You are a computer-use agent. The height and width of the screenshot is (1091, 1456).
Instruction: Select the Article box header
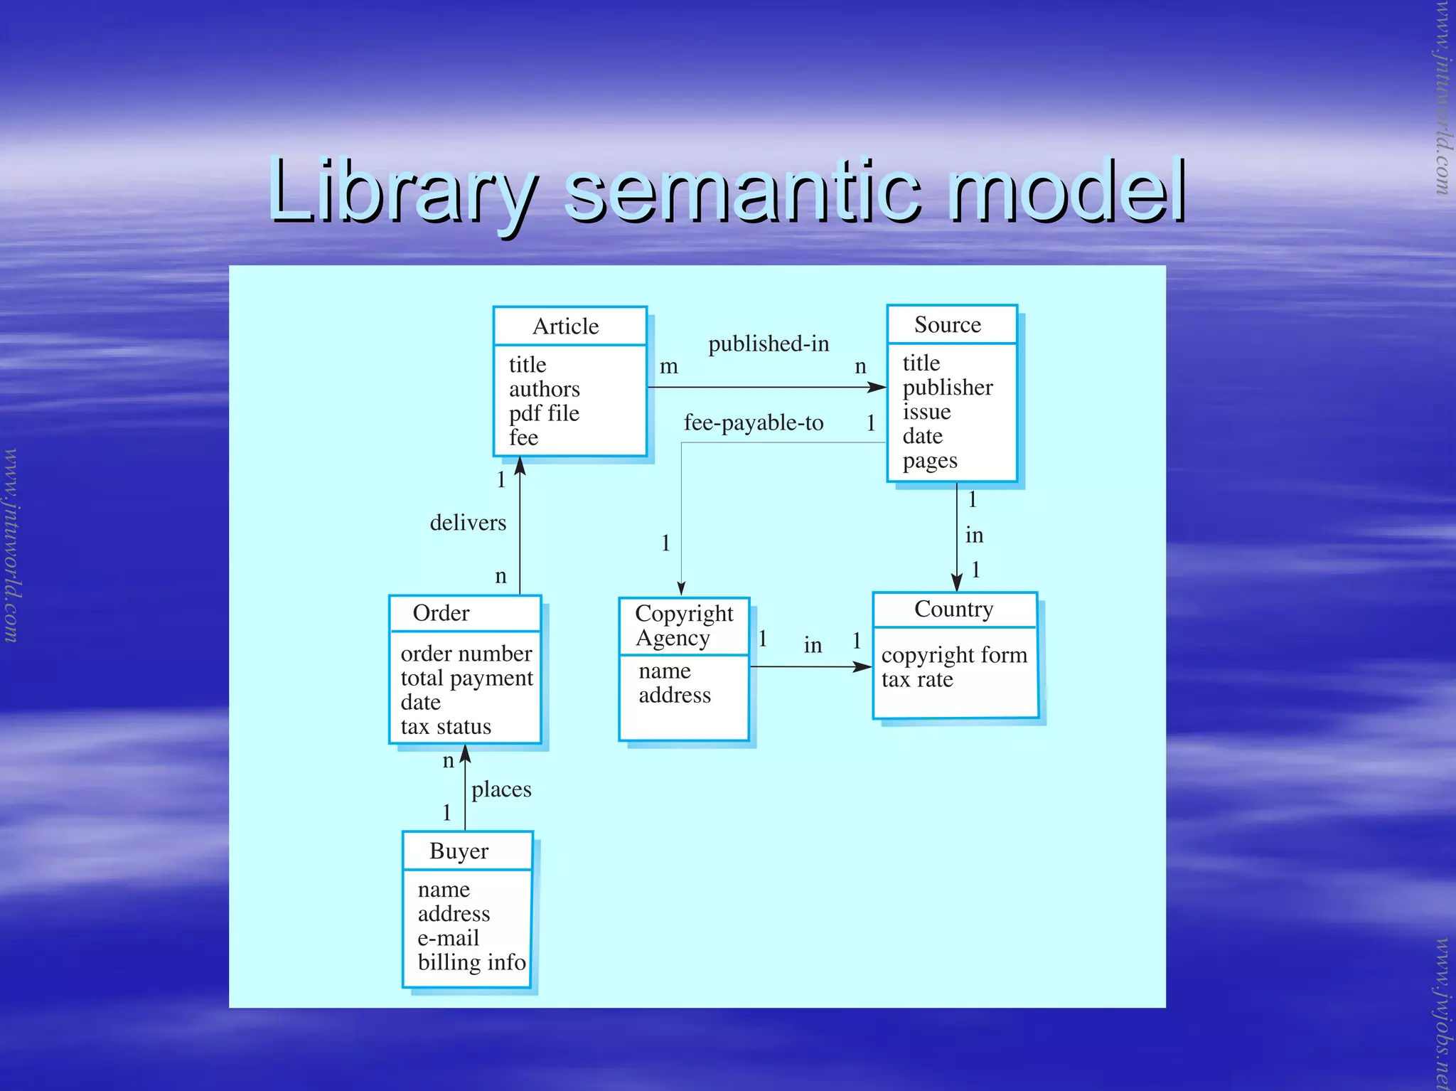(x=567, y=326)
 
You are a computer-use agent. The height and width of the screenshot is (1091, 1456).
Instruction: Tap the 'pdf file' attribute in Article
(x=544, y=413)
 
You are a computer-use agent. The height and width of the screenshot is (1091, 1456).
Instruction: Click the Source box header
(x=948, y=325)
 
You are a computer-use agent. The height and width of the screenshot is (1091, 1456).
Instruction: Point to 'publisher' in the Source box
(x=948, y=388)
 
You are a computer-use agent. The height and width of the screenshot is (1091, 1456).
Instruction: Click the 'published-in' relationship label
(x=769, y=344)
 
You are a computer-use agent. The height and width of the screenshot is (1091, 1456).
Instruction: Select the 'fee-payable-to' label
(x=754, y=423)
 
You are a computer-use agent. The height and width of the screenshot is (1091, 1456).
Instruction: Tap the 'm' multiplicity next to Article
(x=668, y=367)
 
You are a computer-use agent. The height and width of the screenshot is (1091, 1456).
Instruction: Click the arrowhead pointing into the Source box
(x=878, y=388)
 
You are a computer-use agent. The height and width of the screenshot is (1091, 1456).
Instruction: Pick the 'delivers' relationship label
(x=468, y=523)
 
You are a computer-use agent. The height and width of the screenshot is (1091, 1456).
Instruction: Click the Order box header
(x=441, y=613)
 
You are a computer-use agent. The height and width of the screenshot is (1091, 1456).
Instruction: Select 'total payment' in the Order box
(x=466, y=678)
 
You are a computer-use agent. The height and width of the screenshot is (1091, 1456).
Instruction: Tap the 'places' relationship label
(x=501, y=789)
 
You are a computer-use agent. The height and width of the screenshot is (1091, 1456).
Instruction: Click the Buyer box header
(x=459, y=851)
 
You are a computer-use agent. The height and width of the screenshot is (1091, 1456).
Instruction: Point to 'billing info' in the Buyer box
(x=471, y=963)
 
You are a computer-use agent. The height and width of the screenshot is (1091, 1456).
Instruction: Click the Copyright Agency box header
(x=683, y=625)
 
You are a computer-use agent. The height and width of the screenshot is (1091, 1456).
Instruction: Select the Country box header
(x=954, y=610)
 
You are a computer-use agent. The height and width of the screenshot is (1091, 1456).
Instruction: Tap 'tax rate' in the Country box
(x=917, y=680)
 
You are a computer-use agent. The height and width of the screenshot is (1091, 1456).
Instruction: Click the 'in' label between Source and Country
(x=975, y=536)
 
